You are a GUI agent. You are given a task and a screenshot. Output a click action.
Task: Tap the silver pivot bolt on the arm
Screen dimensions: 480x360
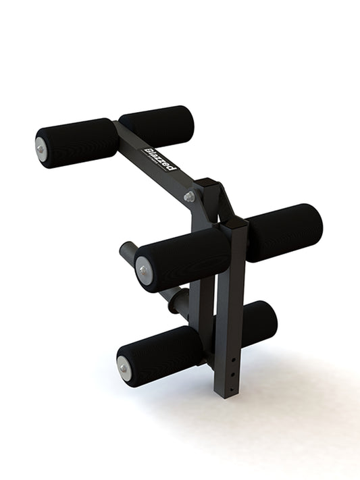point(189,196)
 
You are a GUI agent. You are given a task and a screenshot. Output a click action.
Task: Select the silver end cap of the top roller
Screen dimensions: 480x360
point(42,146)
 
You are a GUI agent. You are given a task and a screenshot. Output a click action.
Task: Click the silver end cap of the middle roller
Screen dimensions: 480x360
point(143,269)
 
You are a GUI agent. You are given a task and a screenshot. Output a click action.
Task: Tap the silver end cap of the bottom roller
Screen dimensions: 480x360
point(124,366)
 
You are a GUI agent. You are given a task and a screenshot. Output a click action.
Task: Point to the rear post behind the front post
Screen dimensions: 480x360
point(206,311)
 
